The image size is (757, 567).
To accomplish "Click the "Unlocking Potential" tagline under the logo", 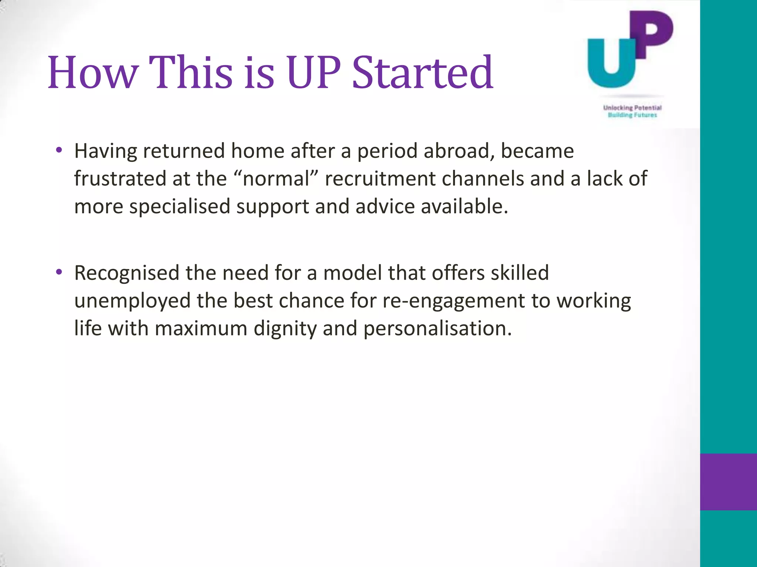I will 632,108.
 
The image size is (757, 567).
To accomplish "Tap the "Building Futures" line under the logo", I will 632,115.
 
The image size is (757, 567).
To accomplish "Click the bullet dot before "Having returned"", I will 59,150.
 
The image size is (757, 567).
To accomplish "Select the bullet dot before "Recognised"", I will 59,272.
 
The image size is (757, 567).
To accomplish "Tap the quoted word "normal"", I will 276,179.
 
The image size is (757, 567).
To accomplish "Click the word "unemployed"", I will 132,301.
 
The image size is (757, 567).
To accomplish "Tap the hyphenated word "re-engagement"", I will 453,301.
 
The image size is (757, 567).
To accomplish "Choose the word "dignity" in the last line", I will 285,329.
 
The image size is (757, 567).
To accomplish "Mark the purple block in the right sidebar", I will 728,482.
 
